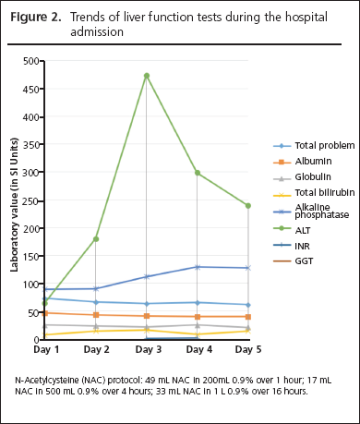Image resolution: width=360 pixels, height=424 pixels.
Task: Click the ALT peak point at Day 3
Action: click(x=147, y=76)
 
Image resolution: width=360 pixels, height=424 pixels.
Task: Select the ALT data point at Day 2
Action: click(x=96, y=239)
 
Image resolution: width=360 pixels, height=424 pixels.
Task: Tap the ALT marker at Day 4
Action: click(x=197, y=173)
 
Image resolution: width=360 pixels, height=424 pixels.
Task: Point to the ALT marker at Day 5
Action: click(x=247, y=206)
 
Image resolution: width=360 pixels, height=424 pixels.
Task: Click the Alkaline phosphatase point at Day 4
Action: click(x=197, y=267)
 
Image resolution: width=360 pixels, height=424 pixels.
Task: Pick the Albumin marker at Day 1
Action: click(x=45, y=312)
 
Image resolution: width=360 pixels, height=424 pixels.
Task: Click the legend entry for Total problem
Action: click(x=300, y=146)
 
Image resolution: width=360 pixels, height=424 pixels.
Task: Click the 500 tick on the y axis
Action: click(x=30, y=61)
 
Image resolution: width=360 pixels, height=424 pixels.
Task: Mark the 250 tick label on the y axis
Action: click(x=30, y=200)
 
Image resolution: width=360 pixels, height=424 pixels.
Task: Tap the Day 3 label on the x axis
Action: click(x=147, y=350)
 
